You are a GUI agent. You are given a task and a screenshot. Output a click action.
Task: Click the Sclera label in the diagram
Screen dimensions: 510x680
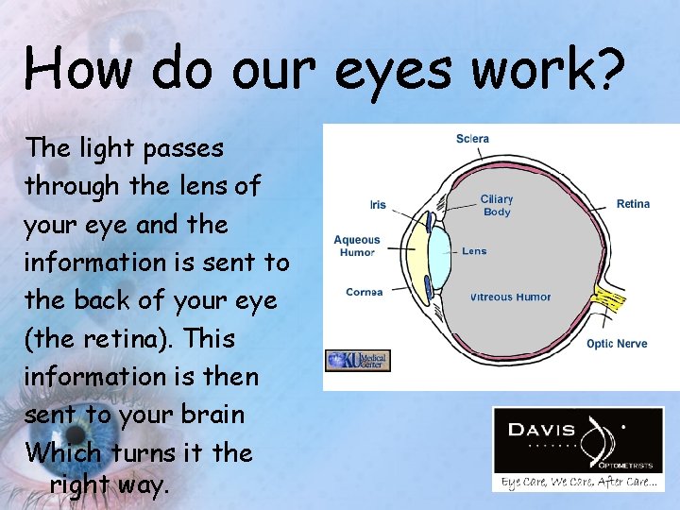472,139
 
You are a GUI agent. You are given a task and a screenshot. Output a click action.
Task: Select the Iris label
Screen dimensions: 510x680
378,205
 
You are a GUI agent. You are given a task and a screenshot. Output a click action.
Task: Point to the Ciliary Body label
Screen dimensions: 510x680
496,205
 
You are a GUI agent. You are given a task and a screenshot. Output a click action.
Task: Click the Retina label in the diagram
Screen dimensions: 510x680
633,204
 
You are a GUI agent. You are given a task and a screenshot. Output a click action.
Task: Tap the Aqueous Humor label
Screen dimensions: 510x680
356,246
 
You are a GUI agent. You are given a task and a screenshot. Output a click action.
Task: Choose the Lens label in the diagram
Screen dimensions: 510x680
474,251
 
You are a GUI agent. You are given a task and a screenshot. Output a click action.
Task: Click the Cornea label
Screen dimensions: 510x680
364,292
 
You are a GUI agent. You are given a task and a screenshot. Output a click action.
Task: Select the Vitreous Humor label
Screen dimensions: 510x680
510,297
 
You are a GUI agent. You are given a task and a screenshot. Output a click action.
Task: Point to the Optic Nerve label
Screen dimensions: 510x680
617,344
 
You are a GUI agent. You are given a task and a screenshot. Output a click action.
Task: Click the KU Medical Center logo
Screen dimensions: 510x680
357,361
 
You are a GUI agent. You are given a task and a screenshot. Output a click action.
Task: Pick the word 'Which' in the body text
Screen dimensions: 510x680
63,452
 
